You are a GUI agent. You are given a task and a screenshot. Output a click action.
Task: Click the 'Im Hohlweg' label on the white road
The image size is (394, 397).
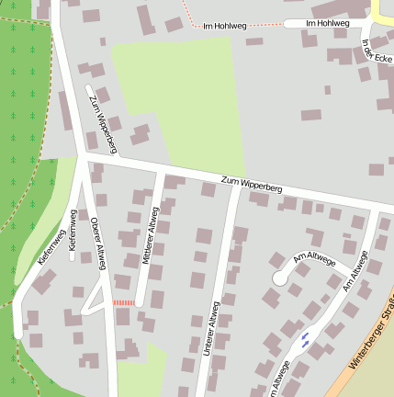click(327, 23)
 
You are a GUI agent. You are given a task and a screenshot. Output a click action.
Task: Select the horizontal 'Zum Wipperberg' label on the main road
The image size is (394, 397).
click(252, 183)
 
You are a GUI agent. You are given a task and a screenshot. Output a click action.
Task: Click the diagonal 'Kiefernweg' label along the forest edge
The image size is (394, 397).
click(52, 247)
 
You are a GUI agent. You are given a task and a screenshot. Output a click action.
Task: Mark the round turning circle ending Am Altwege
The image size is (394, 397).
click(280, 278)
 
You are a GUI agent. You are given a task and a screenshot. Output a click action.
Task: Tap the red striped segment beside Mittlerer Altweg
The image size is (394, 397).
click(123, 302)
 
